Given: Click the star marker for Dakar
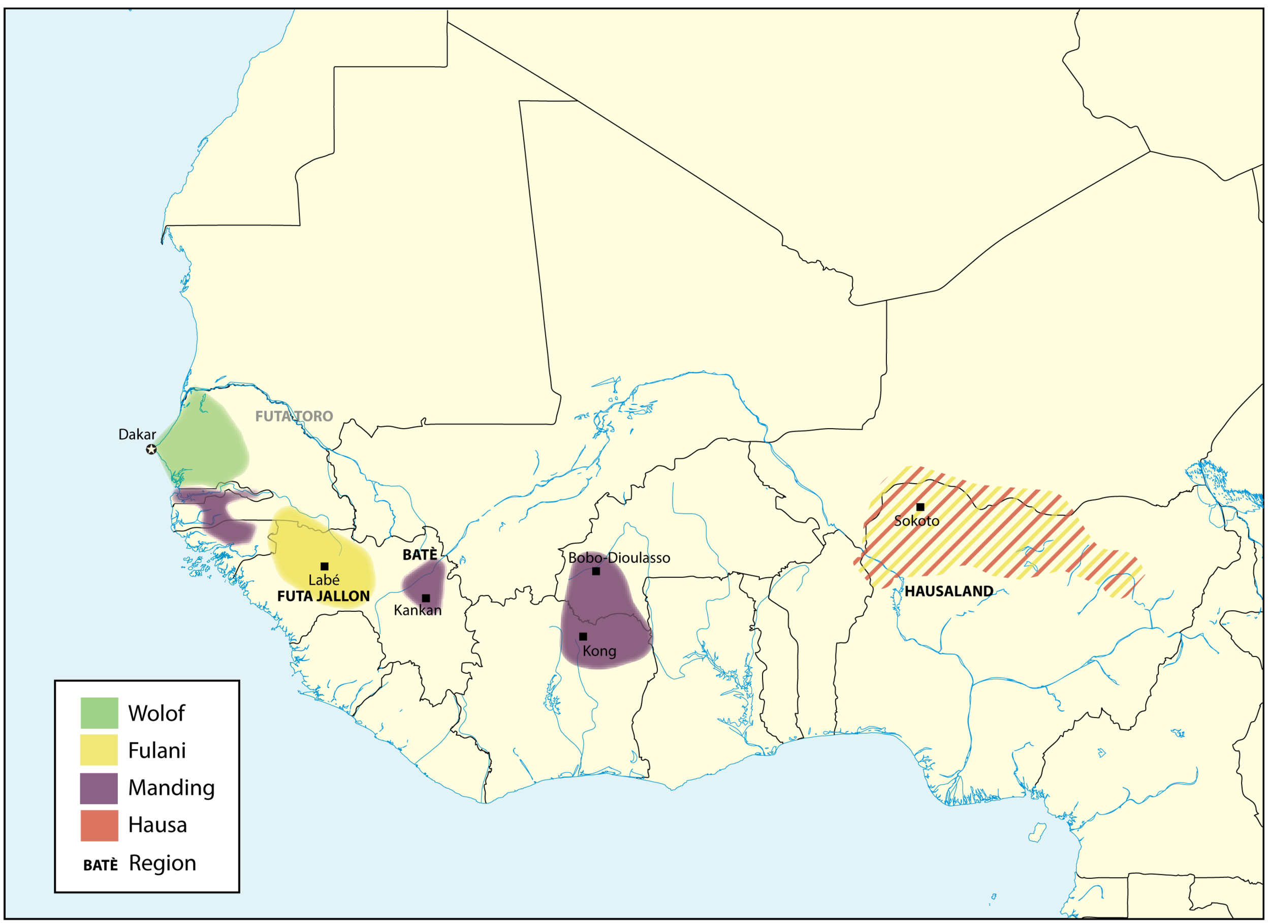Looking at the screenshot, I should coord(151,450).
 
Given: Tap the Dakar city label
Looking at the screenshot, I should coord(137,434).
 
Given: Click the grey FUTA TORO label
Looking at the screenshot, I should coord(294,416).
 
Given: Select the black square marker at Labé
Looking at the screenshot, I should coord(324,567).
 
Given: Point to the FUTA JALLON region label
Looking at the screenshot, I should coord(324,597).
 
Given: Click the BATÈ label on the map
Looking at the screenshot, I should coord(420,555).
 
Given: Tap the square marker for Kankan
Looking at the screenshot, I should coord(426,599).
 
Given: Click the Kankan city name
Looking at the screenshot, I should coord(418,610).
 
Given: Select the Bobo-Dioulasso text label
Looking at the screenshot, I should coord(619,557).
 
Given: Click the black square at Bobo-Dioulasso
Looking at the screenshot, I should coord(596,571).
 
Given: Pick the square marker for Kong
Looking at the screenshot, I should coord(583,637).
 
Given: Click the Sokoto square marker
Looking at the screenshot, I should coord(920,507).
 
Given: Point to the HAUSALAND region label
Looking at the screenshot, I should coord(949,591).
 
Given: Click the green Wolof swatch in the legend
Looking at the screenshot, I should coord(99,713).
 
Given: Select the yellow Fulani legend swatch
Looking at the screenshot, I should coord(99,750).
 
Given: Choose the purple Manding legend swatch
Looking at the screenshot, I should coord(99,788).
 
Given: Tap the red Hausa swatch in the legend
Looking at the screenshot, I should coord(99,825).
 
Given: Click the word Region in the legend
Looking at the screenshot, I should coord(163,863).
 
